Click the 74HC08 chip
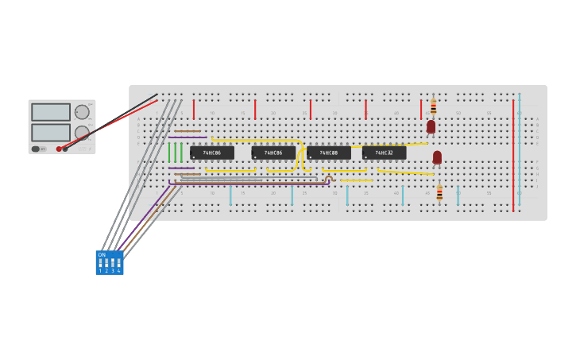[329, 153]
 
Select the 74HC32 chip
[384, 153]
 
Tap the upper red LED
[431, 126]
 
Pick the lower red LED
[437, 157]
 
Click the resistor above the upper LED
[433, 106]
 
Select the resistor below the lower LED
[439, 193]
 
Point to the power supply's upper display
[51, 112]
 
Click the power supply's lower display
[51, 132]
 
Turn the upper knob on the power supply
[82, 112]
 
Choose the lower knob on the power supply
[82, 133]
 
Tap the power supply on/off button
[36, 149]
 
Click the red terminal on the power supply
[59, 149]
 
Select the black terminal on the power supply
[65, 149]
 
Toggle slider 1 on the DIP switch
[100, 262]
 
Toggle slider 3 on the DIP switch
[113, 262]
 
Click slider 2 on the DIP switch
[106, 262]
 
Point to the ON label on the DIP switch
[102, 255]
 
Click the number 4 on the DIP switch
[119, 271]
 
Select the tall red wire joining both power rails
[513, 155]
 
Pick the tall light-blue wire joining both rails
[520, 151]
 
